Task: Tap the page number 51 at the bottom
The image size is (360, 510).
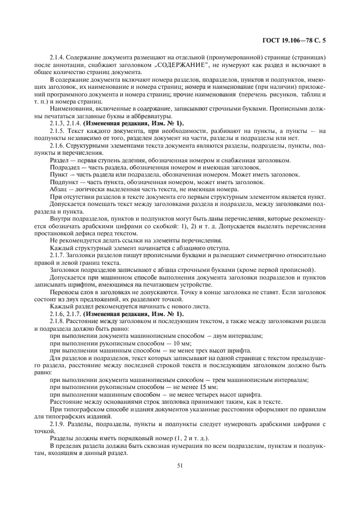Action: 180,465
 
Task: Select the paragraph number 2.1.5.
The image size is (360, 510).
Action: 58,131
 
